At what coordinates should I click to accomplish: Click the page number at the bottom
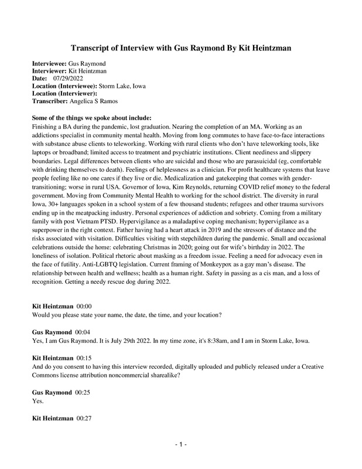pos(181,446)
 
